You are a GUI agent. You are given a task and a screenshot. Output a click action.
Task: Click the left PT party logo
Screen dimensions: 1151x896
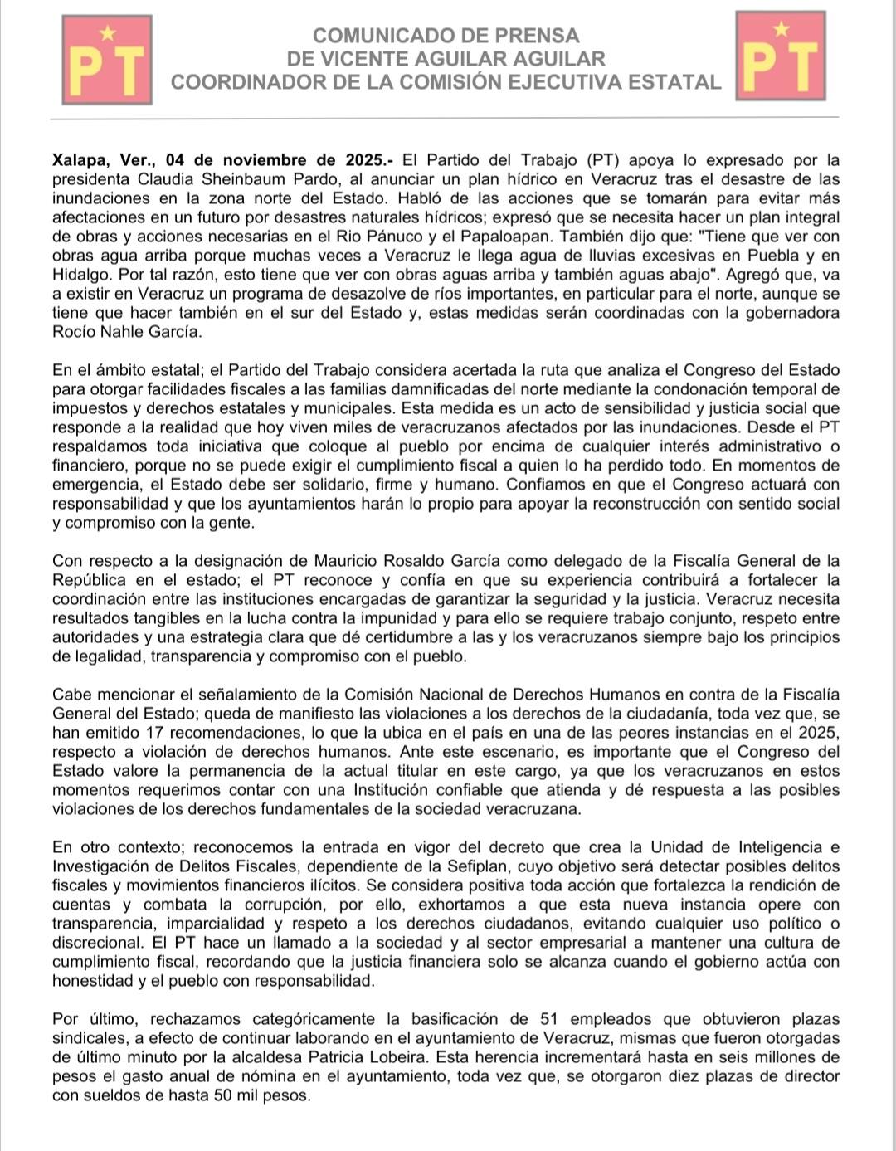[107, 60]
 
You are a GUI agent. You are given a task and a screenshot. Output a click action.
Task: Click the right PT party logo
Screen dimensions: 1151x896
[781, 56]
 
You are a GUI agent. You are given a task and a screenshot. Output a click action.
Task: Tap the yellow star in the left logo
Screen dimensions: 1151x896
[107, 33]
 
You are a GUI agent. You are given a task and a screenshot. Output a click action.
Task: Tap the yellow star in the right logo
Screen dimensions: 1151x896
[781, 30]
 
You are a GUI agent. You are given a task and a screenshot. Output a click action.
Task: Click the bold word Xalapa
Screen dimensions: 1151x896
[81, 160]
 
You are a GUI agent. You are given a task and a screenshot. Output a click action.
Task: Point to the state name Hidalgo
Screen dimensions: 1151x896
[80, 275]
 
